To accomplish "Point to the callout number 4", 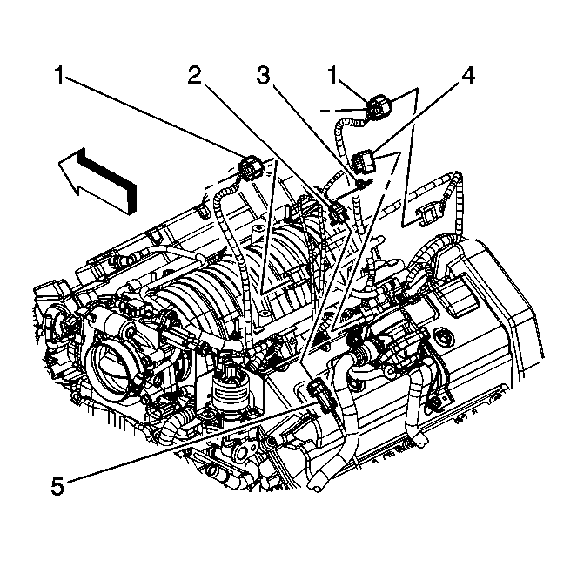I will coord(467,76).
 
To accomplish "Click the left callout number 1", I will coord(60,76).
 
